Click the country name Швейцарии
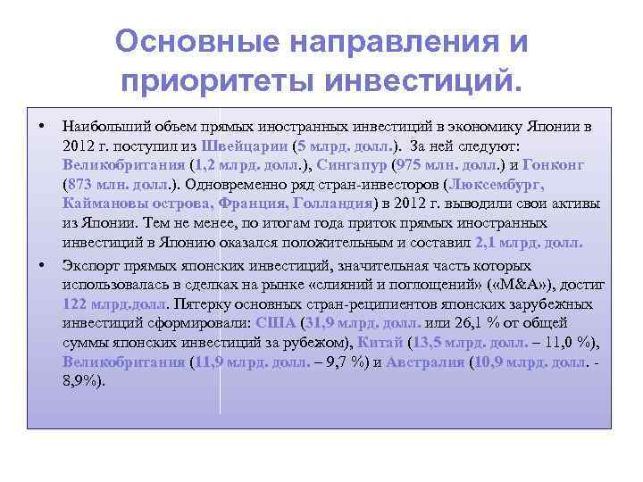[x=245, y=145]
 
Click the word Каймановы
[x=105, y=204]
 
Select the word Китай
[x=381, y=343]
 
